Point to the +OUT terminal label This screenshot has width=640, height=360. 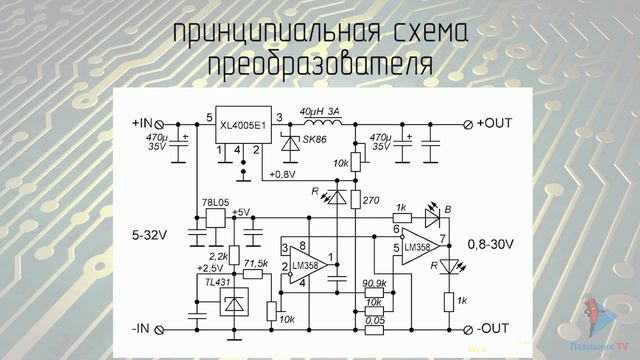point(494,123)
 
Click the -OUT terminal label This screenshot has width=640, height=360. point(493,328)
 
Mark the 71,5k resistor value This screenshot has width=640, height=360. point(256,263)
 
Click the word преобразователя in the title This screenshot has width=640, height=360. point(320,65)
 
